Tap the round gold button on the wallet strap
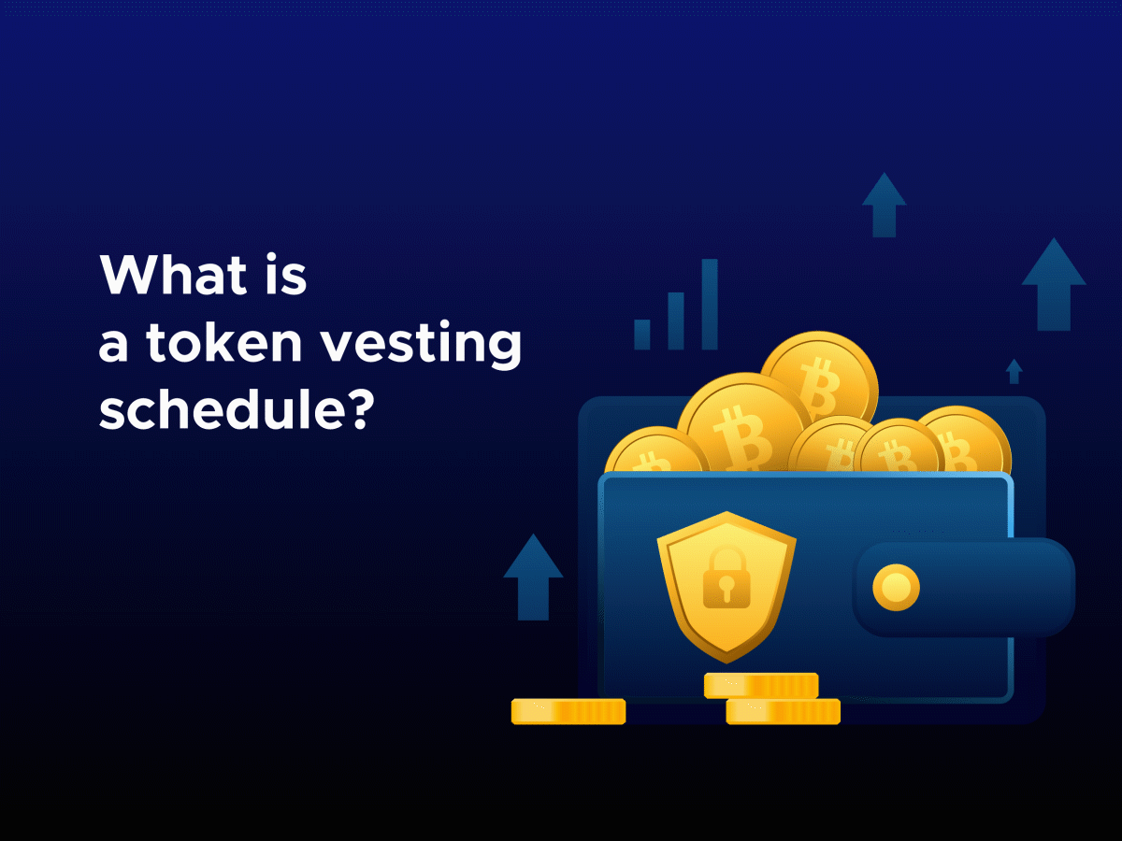coord(896,588)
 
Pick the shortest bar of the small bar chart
coord(642,334)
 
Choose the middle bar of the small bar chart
coord(676,320)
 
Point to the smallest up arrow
coord(1014,371)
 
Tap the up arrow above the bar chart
coord(884,204)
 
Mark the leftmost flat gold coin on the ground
coord(568,711)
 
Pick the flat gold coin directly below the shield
coord(761,685)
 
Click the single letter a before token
coord(113,346)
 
